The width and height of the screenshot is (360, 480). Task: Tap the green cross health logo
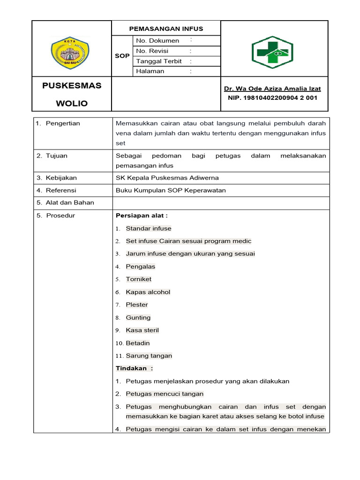[272, 52]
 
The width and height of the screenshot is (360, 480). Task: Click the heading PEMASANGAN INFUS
[166, 29]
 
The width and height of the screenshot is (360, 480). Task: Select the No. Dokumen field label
[157, 41]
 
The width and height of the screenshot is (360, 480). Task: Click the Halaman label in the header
[150, 71]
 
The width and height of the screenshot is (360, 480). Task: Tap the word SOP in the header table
[122, 56]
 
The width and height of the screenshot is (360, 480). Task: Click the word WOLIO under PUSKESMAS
[72, 103]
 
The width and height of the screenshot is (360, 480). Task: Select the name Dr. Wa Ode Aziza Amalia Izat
[272, 89]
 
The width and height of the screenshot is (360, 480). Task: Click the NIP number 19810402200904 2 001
[272, 98]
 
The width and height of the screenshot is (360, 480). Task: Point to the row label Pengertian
[63, 123]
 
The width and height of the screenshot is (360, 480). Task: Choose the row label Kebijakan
[61, 178]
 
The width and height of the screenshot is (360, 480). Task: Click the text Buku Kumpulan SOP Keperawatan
[171, 190]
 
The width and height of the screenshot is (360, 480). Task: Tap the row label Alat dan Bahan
[69, 202]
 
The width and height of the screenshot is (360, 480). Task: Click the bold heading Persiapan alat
[142, 216]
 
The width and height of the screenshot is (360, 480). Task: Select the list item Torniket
[139, 279]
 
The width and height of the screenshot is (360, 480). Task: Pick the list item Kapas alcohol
[148, 292]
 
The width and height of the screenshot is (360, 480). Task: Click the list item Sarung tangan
[149, 356]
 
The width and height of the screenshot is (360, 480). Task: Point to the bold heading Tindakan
[134, 368]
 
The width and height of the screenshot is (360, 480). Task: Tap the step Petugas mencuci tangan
[165, 394]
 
